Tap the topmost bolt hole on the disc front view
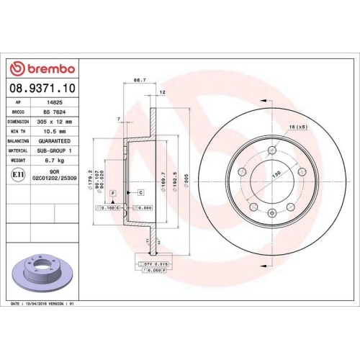tap(272, 150)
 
